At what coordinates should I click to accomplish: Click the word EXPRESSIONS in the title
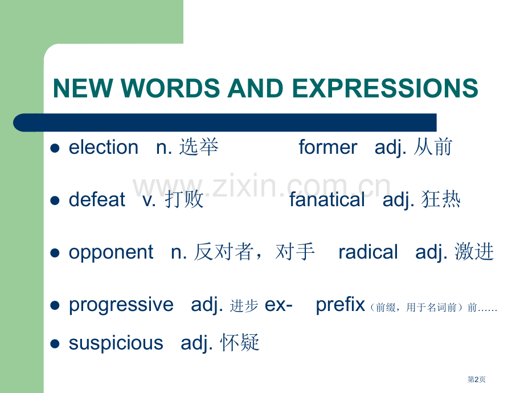point(384,88)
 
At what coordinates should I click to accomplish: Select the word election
point(103,148)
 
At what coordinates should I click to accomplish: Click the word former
point(328,148)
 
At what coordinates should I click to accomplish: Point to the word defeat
point(97,199)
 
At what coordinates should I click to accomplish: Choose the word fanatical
point(327,199)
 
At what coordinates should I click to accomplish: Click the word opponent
point(111,252)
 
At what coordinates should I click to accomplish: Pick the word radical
point(368,252)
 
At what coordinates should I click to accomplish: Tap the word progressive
point(121,305)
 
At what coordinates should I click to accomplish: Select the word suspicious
point(116,343)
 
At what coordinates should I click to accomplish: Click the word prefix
point(340,305)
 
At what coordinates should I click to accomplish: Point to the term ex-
point(279,305)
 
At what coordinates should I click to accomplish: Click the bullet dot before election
point(55,148)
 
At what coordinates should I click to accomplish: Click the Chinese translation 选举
point(199,148)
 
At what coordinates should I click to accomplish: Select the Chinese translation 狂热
point(441,199)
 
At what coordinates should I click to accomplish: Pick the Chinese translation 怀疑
point(240,343)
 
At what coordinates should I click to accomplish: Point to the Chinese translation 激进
point(474,252)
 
